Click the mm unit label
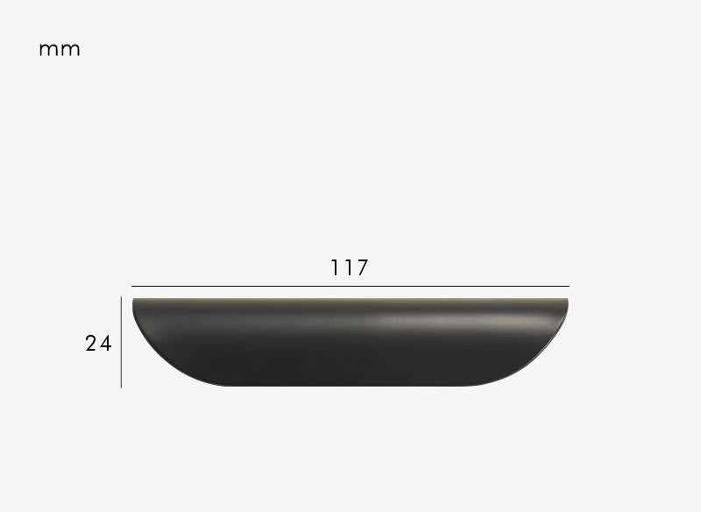click(60, 49)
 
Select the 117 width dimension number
click(349, 267)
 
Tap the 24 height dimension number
click(98, 344)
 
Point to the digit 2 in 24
click(91, 344)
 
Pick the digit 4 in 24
click(106, 344)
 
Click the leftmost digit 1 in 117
click(334, 267)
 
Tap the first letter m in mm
click(49, 50)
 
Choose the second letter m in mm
click(70, 50)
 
